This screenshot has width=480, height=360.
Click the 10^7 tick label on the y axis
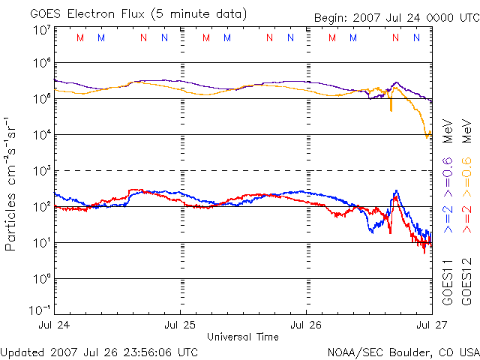(42, 29)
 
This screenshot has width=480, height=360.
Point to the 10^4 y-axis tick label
(42, 134)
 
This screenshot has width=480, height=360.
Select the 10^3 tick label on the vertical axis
(42, 170)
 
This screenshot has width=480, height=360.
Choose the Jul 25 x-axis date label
(181, 324)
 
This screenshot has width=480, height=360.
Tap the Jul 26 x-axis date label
(306, 324)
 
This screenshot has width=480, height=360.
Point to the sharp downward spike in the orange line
(391, 109)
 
